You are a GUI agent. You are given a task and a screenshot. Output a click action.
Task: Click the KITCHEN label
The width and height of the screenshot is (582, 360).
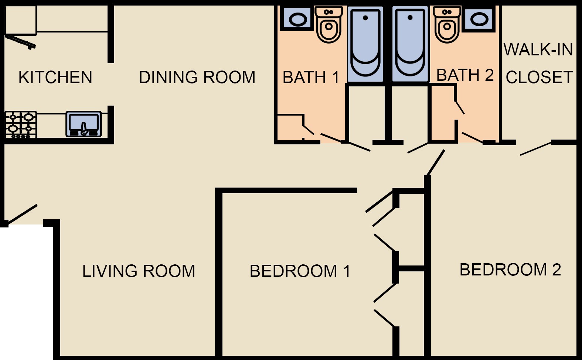(55, 77)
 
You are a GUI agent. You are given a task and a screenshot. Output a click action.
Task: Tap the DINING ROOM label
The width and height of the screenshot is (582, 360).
(197, 77)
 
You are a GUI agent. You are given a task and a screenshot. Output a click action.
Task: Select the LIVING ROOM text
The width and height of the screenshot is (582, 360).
(139, 271)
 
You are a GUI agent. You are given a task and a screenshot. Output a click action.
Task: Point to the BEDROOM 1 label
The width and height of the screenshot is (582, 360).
(300, 271)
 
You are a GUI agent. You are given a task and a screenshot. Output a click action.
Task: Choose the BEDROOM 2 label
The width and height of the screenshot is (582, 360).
(510, 270)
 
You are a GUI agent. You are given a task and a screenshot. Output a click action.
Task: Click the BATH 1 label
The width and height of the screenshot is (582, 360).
(311, 77)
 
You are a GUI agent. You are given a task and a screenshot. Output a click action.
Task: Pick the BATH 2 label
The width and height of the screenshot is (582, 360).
(465, 75)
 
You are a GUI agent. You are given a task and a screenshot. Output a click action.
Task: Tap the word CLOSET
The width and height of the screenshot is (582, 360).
(540, 77)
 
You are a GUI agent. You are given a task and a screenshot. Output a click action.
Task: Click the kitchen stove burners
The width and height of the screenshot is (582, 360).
(21, 124)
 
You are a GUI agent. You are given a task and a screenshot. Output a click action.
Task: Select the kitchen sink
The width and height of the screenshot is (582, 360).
(84, 124)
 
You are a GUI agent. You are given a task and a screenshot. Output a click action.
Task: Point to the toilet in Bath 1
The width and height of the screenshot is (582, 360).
(329, 24)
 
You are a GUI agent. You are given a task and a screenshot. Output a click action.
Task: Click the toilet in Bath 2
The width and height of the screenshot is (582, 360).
(447, 24)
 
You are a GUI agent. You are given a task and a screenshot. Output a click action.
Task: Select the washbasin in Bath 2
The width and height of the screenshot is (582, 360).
(479, 19)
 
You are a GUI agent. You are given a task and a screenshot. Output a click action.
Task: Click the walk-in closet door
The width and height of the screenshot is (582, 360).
(536, 148)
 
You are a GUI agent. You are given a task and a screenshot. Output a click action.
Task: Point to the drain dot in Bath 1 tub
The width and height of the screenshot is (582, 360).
(365, 18)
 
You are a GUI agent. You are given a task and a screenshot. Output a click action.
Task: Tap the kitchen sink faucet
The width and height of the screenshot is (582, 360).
(84, 129)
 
